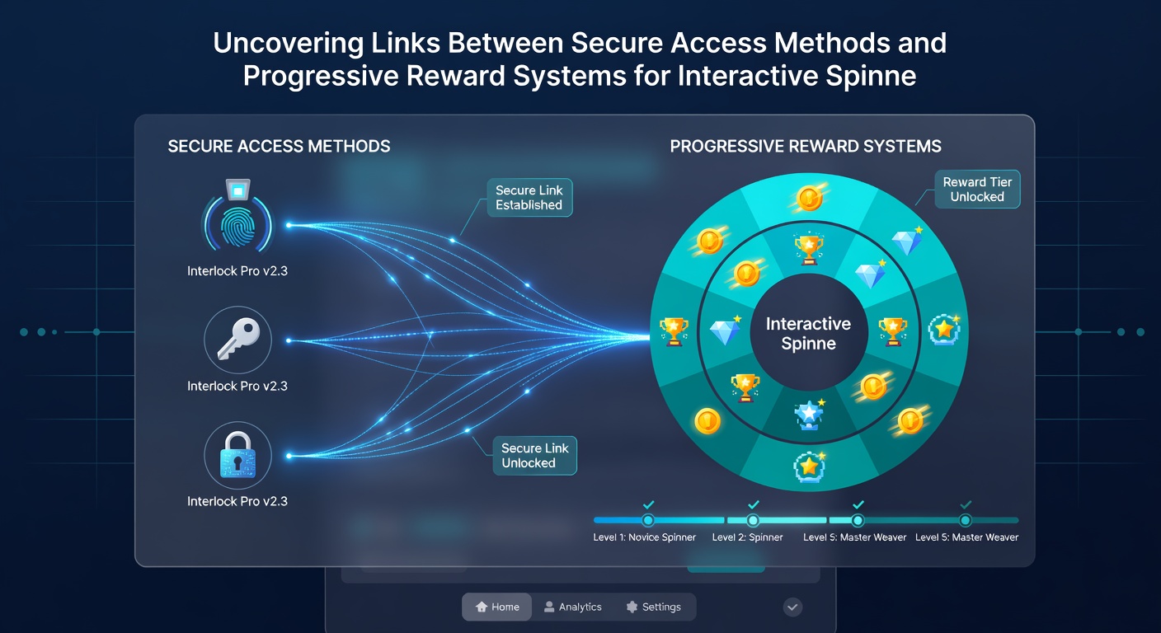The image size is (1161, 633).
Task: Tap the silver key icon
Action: [x=238, y=340]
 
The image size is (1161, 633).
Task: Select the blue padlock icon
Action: [x=238, y=455]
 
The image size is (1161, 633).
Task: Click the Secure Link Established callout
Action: [x=529, y=197]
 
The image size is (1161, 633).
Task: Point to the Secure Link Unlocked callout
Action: [x=534, y=455]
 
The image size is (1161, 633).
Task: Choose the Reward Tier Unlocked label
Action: [x=977, y=189]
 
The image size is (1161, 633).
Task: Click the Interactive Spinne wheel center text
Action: [x=809, y=333]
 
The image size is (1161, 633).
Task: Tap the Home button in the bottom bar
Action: [x=497, y=607]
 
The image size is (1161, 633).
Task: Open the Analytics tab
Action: [x=573, y=607]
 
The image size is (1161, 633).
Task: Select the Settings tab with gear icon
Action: [x=654, y=607]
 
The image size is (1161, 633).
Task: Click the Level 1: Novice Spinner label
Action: [x=644, y=537]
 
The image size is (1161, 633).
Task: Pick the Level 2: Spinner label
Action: [x=747, y=537]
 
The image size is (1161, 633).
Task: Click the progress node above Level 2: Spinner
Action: [x=753, y=520]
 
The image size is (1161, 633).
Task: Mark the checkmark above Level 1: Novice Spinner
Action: [x=648, y=504]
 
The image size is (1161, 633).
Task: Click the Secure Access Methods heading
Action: [x=279, y=146]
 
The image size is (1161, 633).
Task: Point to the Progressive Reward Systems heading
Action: [x=806, y=146]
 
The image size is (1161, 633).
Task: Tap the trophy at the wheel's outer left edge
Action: [x=674, y=331]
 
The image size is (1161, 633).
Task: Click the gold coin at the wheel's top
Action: [x=809, y=198]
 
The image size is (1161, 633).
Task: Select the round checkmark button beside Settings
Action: [x=792, y=607]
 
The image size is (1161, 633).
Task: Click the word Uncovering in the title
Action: [x=288, y=44]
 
